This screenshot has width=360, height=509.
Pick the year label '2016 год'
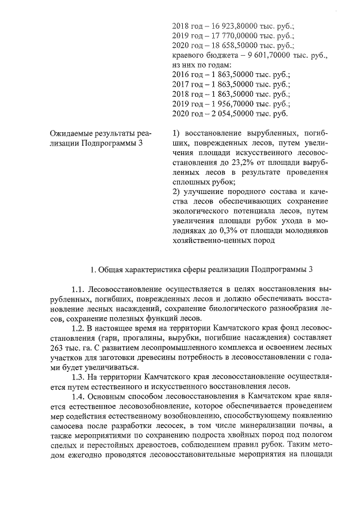pyautogui.click(x=185, y=75)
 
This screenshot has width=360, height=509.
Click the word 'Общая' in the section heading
pyautogui.click(x=111, y=268)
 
